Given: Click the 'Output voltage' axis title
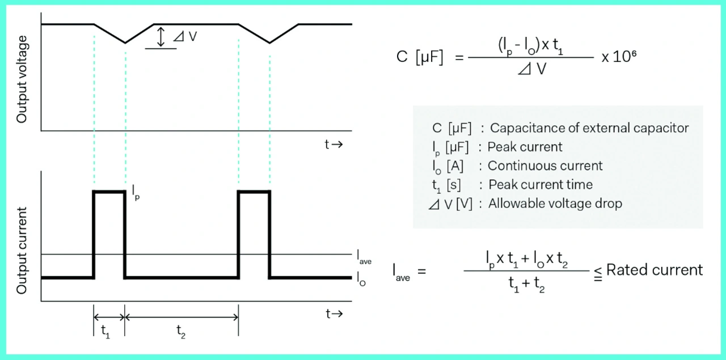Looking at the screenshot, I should click(22, 79).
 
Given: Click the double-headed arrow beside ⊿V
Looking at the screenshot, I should click(161, 37).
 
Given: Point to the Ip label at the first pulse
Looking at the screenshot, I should click(136, 193).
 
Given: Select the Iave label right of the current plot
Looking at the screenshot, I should click(364, 258).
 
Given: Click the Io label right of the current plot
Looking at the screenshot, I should click(361, 278).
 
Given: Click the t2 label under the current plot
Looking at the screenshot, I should click(180, 331).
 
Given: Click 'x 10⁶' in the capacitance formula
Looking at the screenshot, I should click(615, 58).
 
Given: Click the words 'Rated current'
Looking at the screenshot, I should click(655, 270).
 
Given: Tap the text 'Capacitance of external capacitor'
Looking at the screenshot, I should click(589, 128).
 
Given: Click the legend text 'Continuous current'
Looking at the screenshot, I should click(545, 166).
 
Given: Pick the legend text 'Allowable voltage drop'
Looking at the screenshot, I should click(555, 204).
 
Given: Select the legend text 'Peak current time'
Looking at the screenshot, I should click(540, 185).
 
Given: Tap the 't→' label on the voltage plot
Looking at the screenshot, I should click(334, 145).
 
